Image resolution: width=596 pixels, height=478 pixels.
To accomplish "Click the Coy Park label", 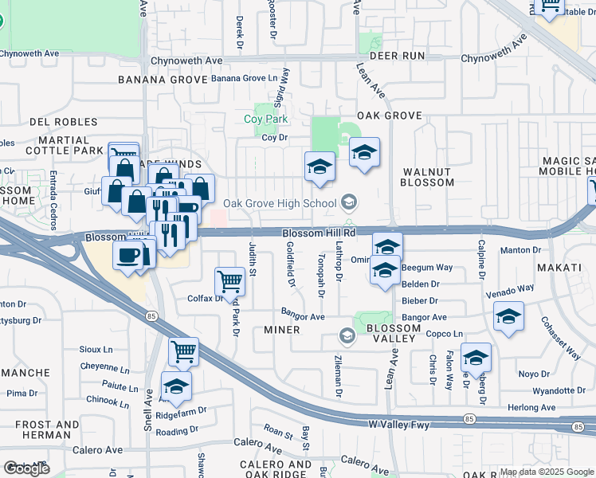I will [x=265, y=119].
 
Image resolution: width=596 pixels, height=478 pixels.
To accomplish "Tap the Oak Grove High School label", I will [x=280, y=203].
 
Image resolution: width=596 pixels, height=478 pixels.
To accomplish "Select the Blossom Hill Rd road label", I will [x=318, y=232].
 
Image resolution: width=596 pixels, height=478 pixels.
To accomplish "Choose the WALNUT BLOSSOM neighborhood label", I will [x=428, y=177].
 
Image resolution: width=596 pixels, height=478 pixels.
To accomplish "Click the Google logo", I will [x=26, y=468].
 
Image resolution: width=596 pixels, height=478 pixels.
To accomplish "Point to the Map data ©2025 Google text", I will [x=547, y=472].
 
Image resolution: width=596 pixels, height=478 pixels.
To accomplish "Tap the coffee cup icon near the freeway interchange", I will [x=128, y=256].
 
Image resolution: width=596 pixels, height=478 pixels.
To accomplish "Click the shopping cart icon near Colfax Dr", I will [x=229, y=280].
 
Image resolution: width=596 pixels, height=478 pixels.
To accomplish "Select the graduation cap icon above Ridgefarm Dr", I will [x=176, y=386].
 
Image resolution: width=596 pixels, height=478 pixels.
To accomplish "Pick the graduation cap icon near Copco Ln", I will [x=476, y=357].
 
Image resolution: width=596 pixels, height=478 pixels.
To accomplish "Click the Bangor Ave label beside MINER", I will [x=303, y=316].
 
